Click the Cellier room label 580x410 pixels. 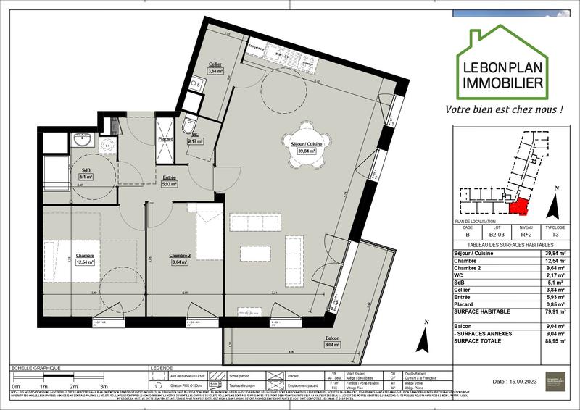point(215,64)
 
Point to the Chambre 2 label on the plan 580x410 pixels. point(180,256)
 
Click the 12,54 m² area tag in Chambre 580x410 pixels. point(86,263)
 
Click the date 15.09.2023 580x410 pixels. point(515,381)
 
